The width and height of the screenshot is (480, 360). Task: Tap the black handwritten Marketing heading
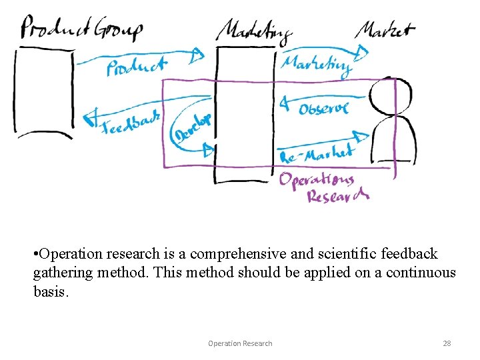click(254, 31)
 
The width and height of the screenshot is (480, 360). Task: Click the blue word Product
click(137, 67)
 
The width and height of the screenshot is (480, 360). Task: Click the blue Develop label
click(192, 127)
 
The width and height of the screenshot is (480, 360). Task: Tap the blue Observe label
click(323, 107)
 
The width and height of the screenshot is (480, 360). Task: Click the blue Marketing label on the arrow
click(316, 64)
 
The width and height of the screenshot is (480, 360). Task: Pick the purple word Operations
click(316, 180)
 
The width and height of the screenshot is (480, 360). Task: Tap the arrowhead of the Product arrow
click(197, 55)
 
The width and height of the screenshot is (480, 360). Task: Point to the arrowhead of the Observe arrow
click(284, 103)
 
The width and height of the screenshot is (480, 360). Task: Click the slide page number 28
click(447, 343)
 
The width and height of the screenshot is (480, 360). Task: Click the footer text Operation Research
click(240, 343)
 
